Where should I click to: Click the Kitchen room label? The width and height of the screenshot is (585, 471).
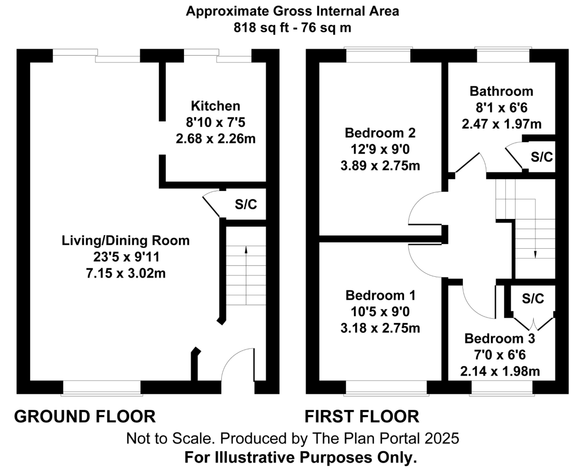pyautogui.click(x=215, y=106)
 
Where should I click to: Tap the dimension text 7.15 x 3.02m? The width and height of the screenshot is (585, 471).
pyautogui.click(x=126, y=273)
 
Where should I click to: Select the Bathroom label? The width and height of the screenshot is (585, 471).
pyautogui.click(x=501, y=92)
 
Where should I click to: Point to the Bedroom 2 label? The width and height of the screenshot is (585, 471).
pyautogui.click(x=380, y=133)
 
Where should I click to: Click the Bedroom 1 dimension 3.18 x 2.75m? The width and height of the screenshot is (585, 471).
pyautogui.click(x=380, y=328)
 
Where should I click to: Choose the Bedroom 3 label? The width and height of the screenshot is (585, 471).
pyautogui.click(x=500, y=339)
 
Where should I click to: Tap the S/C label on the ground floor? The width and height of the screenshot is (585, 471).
pyautogui.click(x=246, y=204)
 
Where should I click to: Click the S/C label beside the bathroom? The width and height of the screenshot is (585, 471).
pyautogui.click(x=542, y=157)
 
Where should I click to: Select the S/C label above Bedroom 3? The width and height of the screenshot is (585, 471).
pyautogui.click(x=533, y=299)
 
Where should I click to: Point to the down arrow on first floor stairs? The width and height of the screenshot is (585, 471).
pyautogui.click(x=535, y=255)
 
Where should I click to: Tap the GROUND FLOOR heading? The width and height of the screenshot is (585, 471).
pyautogui.click(x=85, y=416)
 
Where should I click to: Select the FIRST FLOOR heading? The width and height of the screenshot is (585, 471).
pyautogui.click(x=362, y=416)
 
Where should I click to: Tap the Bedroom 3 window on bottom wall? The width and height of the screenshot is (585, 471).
pyautogui.click(x=502, y=388)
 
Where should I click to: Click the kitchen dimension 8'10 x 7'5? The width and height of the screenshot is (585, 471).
pyautogui.click(x=215, y=122)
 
